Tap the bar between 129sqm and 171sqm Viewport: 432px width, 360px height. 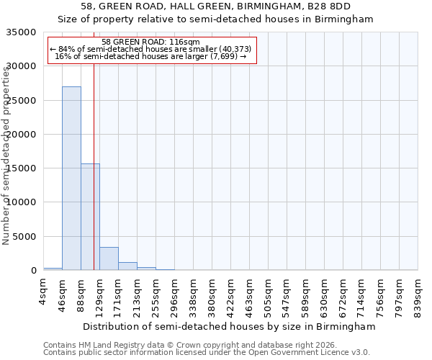pos(109,258)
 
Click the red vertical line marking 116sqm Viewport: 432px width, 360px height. pos(94,144)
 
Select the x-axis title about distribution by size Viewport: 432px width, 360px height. pos(229,326)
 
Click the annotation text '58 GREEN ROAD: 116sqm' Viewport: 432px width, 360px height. pos(151,42)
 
